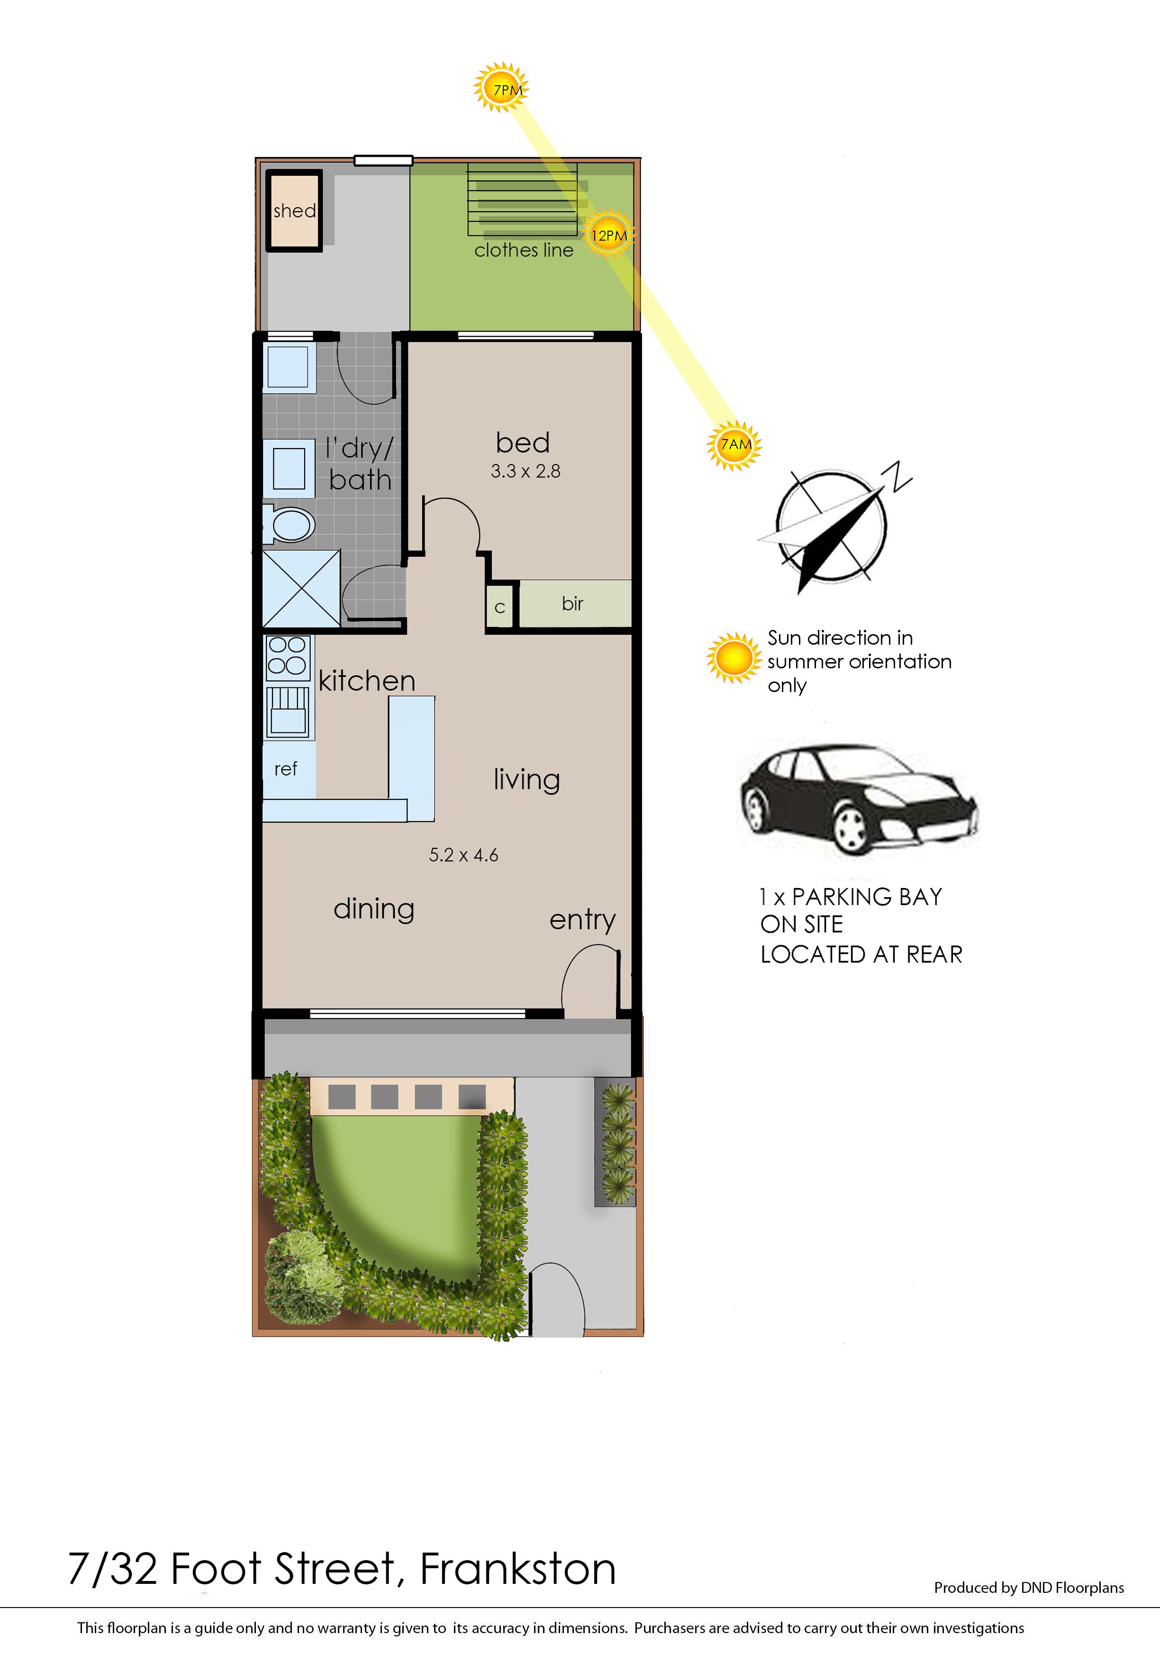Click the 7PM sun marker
501,88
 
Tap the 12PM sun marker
608,234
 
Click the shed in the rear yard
294,211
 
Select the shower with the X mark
301,588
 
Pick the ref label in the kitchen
286,769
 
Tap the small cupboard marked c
499,606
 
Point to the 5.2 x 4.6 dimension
464,854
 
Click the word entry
582,920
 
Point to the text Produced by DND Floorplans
1028,1588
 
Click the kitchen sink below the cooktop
288,712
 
